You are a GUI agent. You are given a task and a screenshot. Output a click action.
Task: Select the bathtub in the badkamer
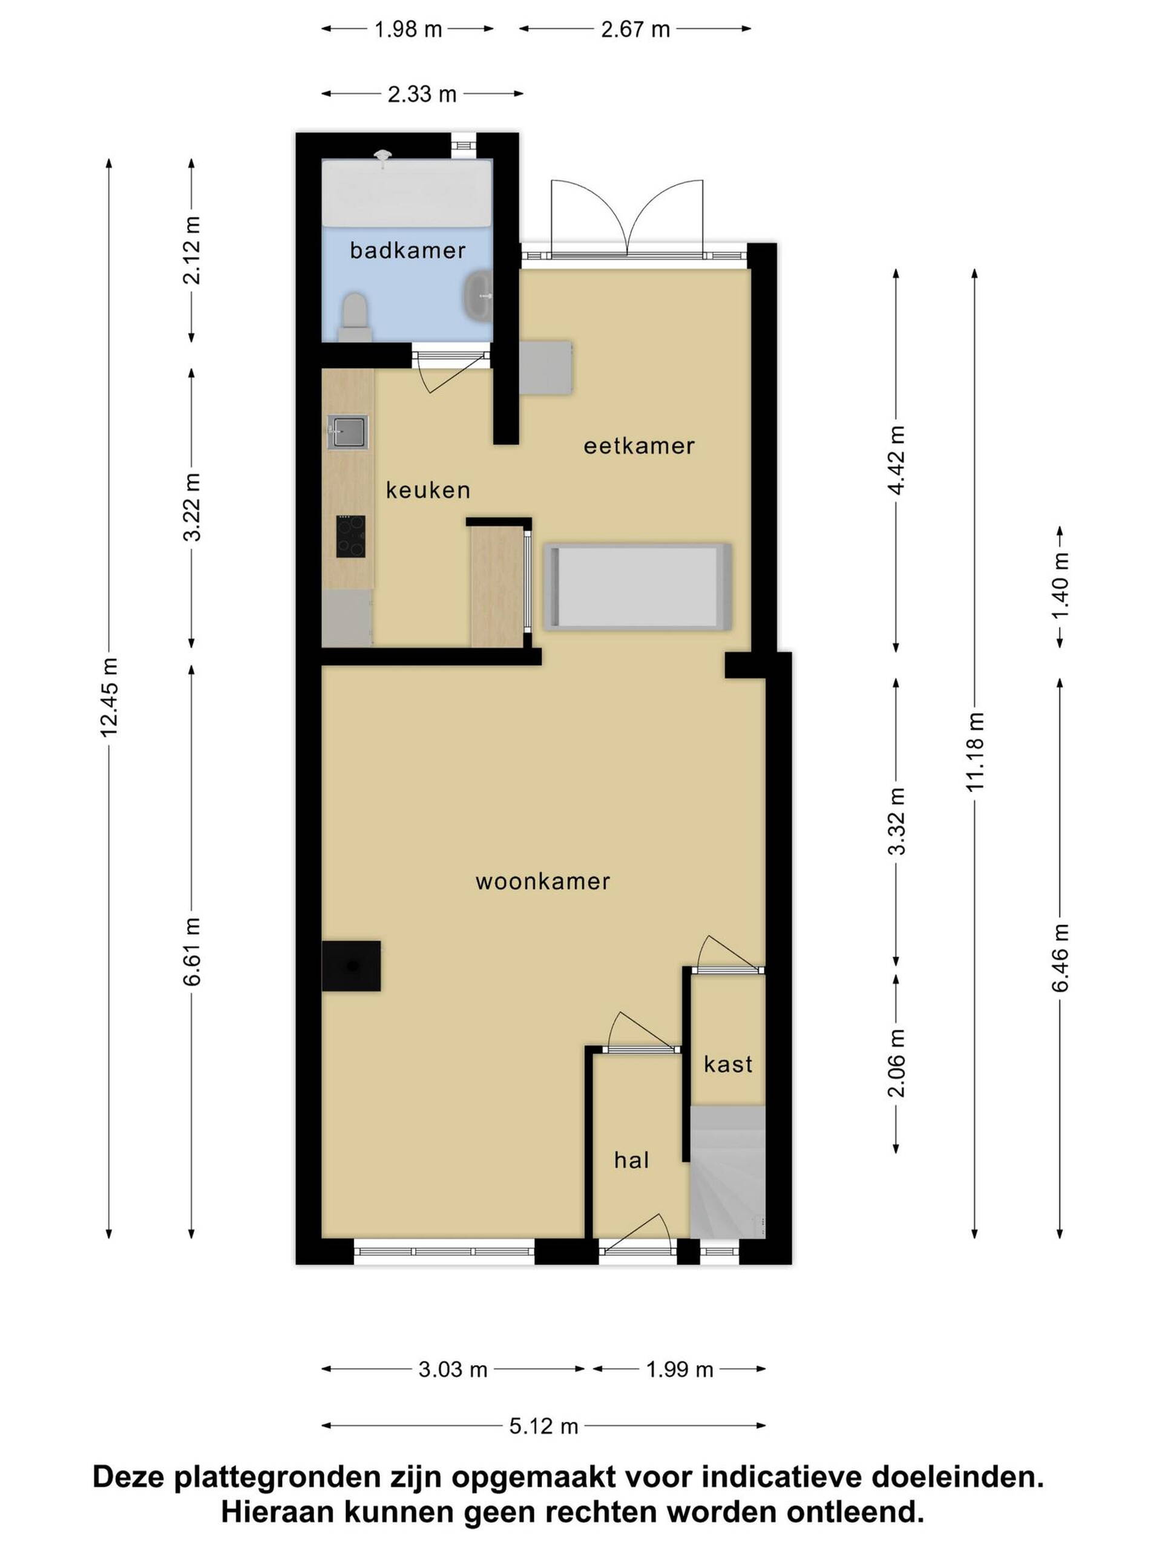tap(407, 192)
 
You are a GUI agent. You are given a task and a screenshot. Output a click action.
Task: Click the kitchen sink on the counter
tap(347, 431)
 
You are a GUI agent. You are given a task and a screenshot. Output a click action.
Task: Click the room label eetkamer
tap(638, 446)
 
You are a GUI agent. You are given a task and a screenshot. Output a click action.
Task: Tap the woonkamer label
tap(543, 882)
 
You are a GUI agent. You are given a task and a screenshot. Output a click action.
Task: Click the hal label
tap(631, 1161)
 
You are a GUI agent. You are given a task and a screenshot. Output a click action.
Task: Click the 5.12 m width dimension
tap(543, 1426)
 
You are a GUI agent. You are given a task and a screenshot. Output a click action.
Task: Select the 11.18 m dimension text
tap(975, 752)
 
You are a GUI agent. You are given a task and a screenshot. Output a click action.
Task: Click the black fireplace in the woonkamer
tap(351, 966)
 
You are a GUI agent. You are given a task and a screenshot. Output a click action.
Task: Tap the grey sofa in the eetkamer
tap(638, 586)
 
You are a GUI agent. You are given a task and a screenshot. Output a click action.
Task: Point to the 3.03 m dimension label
tap(453, 1370)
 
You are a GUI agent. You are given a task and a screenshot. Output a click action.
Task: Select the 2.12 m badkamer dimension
tap(192, 250)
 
